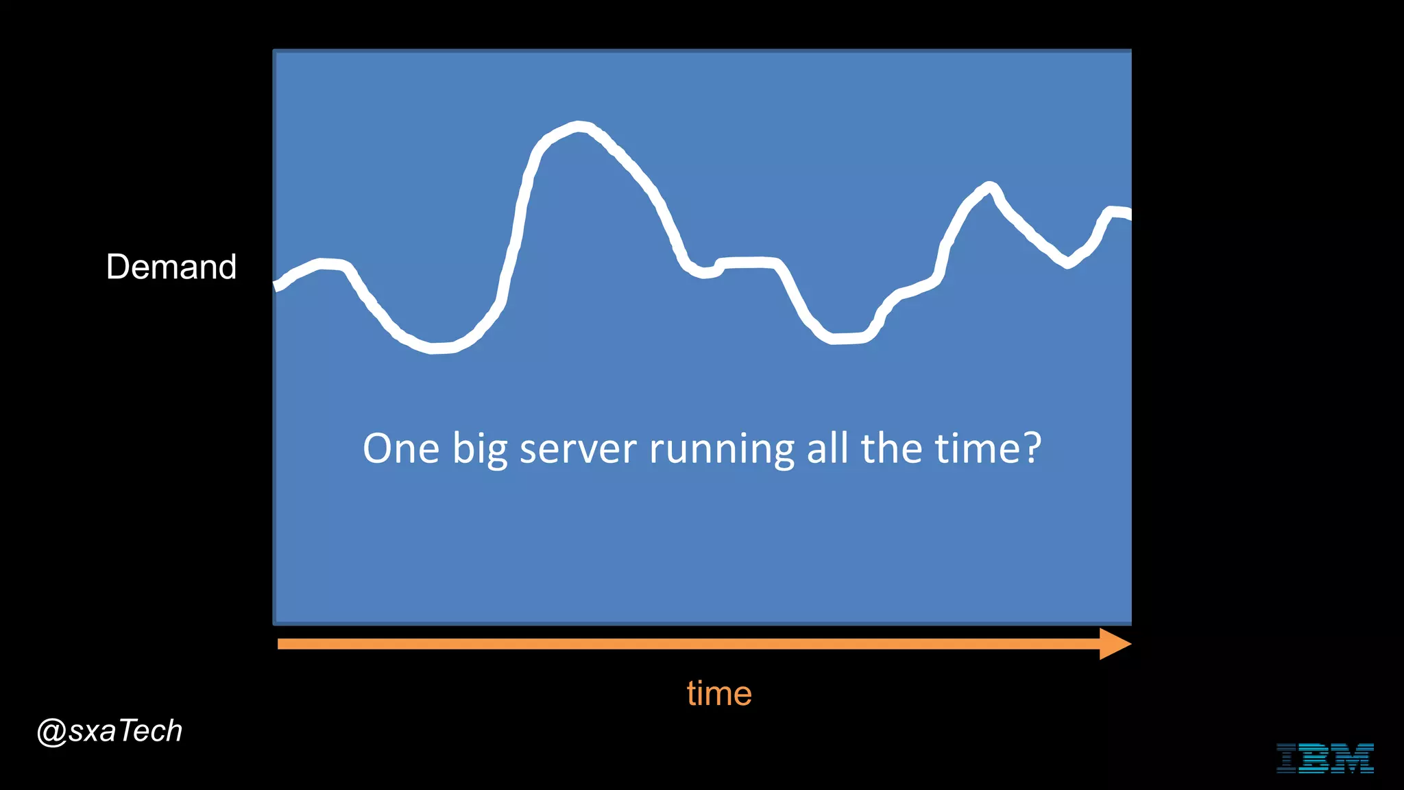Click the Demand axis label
171,267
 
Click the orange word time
719,693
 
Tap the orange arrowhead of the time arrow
1114,644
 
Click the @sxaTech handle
110,731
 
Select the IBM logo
1324,758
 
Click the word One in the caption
401,449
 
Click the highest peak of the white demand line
580,127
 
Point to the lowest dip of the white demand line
433,348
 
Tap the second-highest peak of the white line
989,187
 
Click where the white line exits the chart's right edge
1128,215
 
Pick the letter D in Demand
117,267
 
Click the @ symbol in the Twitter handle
51,732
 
